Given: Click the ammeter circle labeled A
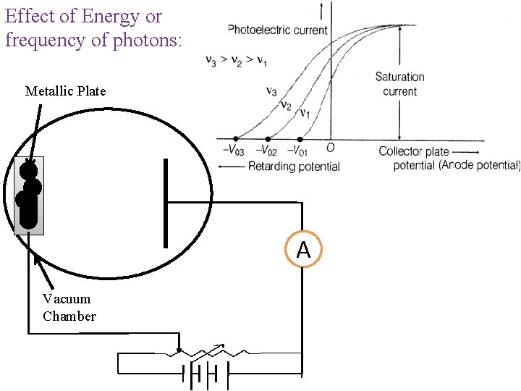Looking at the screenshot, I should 303,250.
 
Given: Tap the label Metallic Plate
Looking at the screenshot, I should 65,91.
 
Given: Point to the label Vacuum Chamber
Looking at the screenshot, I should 69,308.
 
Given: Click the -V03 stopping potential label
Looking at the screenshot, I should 233,151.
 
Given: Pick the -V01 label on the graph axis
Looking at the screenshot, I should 298,151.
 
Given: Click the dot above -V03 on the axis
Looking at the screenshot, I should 236,138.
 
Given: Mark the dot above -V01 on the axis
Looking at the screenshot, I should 300,138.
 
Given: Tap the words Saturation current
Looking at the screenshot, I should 399,84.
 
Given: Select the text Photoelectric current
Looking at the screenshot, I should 278,30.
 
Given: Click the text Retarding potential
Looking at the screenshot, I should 293,167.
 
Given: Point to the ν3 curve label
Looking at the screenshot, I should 271,92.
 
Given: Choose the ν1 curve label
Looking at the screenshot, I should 305,113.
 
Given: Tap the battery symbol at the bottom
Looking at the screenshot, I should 206,375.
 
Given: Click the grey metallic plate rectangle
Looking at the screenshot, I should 30,195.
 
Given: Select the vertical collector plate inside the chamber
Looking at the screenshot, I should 166,203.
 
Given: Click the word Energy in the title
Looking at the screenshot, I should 113,16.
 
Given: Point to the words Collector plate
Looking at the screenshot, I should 414,152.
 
